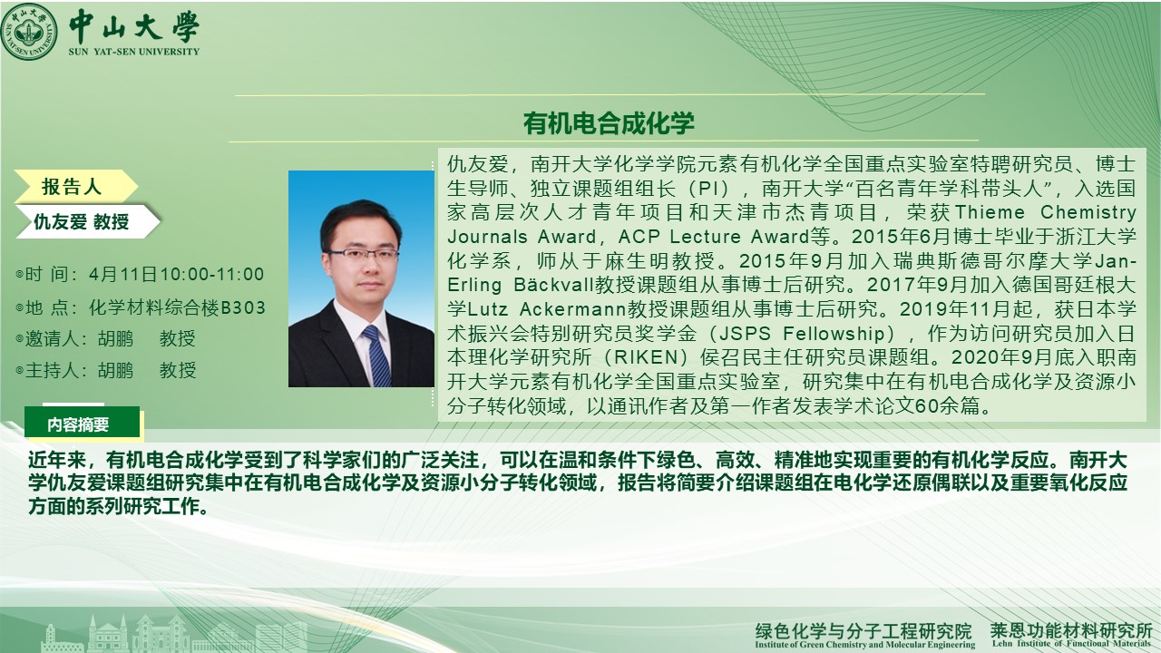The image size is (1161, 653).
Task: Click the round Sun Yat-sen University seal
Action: (29, 32)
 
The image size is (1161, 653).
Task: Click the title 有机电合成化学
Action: (609, 123)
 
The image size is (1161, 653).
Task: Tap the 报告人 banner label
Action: (72, 187)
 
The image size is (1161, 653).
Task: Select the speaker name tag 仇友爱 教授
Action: (81, 222)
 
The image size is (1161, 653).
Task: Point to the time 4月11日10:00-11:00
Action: (176, 274)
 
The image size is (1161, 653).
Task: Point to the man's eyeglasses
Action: (363, 254)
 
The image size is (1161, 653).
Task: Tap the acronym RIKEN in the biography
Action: (647, 357)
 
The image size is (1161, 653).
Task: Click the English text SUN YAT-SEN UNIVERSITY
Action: (133, 52)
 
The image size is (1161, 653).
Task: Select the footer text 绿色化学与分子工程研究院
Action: (863, 630)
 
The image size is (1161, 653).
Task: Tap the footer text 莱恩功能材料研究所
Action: (1071, 630)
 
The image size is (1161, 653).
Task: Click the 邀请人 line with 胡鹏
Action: (106, 339)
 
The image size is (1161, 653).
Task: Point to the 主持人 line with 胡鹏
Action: (106, 371)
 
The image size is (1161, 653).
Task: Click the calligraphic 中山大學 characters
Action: (134, 26)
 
